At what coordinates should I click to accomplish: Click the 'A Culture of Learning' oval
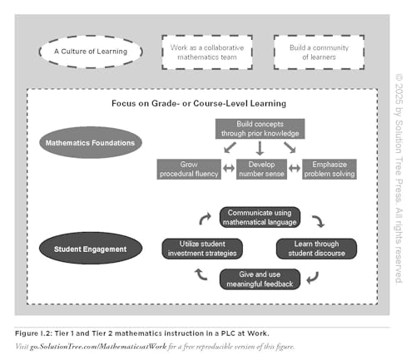91,52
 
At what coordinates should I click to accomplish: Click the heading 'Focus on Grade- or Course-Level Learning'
199,103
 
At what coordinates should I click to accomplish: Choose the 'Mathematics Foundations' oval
91,142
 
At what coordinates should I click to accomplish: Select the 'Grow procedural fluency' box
188,169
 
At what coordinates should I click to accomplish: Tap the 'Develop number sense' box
260,169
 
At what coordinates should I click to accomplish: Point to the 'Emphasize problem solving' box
329,169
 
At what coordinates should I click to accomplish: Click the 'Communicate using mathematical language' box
260,218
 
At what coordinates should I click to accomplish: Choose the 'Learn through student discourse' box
316,248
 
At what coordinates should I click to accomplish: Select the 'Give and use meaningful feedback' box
260,279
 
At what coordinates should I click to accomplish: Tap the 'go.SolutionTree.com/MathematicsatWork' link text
98,346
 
